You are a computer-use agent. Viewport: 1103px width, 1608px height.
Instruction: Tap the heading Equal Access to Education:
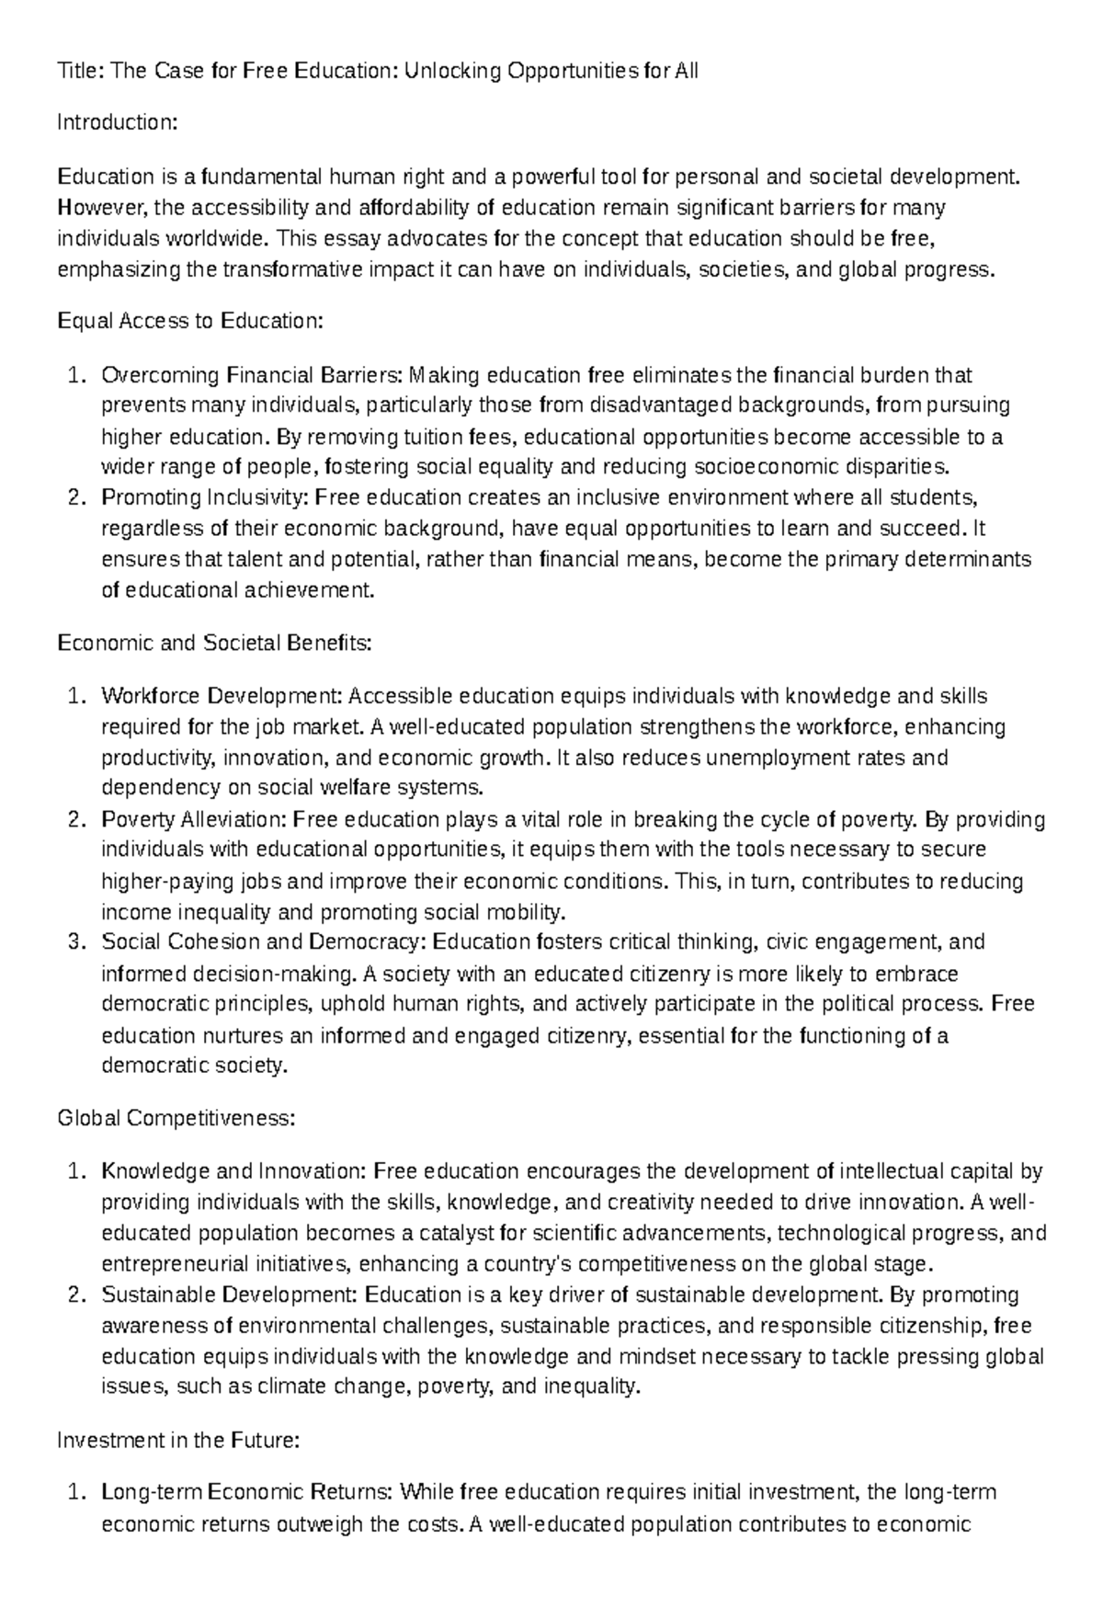click(190, 321)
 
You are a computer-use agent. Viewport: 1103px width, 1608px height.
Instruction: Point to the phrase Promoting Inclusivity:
click(206, 497)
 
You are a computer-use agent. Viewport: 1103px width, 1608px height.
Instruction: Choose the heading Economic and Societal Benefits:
click(214, 643)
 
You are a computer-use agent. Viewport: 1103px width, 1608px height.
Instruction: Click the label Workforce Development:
click(222, 696)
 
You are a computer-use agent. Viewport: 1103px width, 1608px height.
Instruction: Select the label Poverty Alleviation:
click(195, 819)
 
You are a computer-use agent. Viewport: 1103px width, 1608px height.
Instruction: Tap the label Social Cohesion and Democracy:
click(264, 942)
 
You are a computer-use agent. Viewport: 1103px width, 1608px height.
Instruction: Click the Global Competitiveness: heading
click(176, 1119)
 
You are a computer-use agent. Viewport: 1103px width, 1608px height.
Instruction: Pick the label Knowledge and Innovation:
click(234, 1172)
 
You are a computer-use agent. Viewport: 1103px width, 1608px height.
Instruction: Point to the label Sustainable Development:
click(230, 1295)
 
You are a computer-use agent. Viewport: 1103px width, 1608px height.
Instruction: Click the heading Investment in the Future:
click(178, 1441)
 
